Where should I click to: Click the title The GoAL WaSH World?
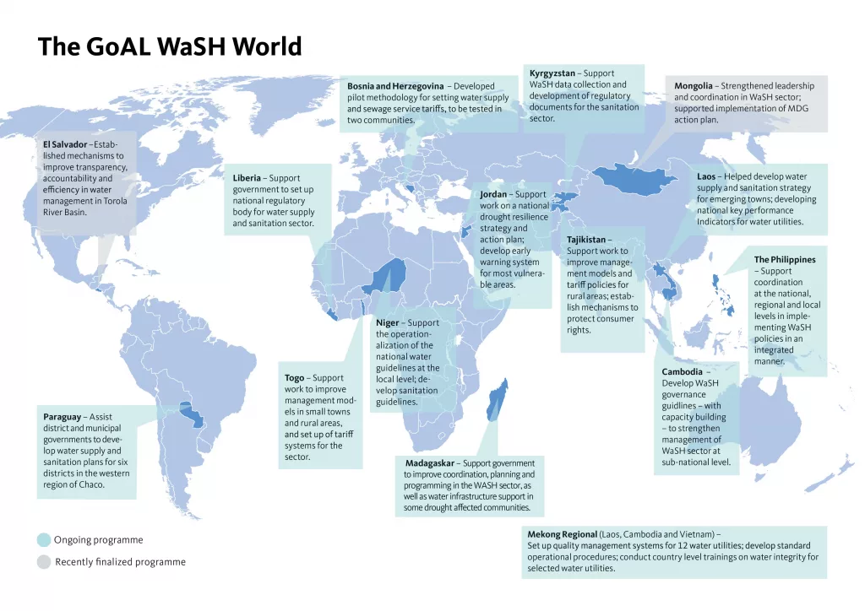169,46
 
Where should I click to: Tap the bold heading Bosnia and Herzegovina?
395,86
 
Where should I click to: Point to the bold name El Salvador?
64,144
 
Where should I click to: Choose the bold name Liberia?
249,178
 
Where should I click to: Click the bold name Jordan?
494,195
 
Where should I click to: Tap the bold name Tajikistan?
588,240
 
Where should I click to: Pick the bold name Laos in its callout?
706,177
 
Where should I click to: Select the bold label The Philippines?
784,260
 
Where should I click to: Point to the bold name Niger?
389,323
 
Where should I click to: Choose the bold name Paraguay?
63,417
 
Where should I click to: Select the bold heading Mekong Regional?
562,535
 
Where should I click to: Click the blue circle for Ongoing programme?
44,540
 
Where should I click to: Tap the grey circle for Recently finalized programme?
44,562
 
